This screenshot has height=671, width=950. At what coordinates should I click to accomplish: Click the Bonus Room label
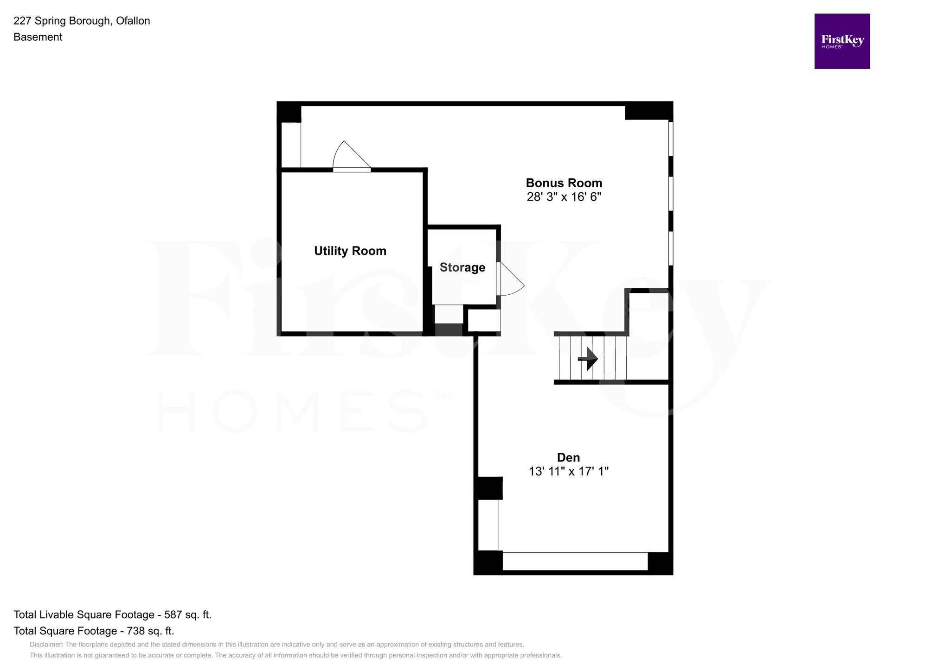tap(564, 183)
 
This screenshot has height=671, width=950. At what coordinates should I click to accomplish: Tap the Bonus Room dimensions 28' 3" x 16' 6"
tap(564, 197)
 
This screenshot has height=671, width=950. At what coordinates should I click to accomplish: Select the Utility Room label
tap(350, 251)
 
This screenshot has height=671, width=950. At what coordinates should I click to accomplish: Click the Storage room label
tap(462, 267)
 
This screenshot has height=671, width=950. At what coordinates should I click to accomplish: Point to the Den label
tap(568, 457)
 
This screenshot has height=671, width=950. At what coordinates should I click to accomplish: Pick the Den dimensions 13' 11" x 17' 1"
tap(568, 472)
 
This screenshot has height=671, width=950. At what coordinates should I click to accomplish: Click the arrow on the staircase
tap(589, 359)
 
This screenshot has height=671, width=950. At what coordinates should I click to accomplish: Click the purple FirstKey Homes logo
tap(842, 41)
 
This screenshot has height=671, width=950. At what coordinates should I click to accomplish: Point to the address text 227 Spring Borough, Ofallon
tap(82, 21)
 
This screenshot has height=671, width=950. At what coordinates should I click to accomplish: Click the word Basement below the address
tap(38, 37)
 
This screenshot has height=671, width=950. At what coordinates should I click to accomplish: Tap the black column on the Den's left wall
tap(488, 488)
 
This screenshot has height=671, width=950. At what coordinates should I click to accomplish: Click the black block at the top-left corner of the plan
tap(289, 112)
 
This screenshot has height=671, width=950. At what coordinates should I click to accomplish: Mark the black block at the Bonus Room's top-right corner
tap(648, 111)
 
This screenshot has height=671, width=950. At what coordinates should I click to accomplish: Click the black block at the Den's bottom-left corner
tap(488, 563)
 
